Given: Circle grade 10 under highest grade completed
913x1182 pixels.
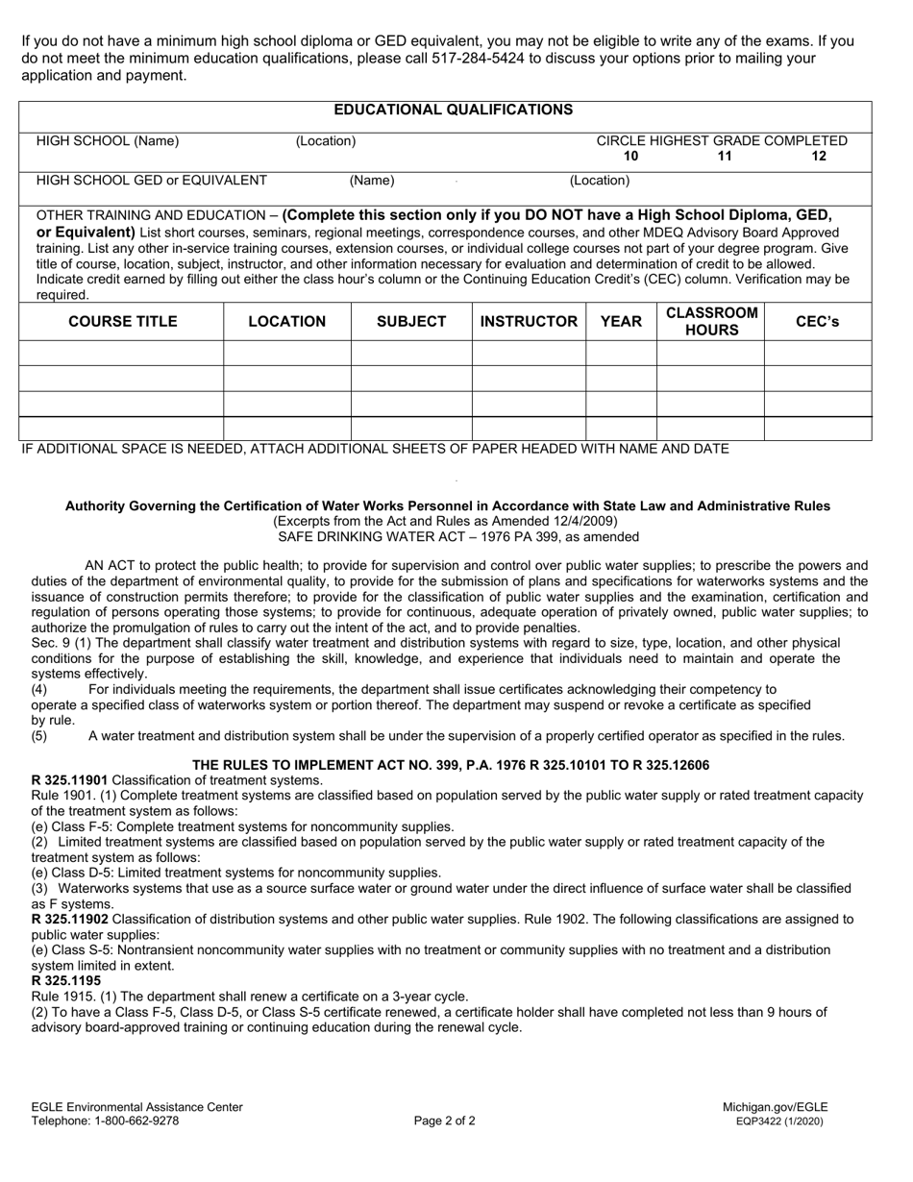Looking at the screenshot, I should click(x=630, y=157).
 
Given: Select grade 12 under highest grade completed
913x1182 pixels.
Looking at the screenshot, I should click(x=819, y=157).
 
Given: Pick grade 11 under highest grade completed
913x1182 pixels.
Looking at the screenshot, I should click(x=725, y=157).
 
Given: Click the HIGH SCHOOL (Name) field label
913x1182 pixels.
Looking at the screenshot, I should click(x=108, y=141).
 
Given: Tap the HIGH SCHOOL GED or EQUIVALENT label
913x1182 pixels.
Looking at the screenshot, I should click(x=152, y=180).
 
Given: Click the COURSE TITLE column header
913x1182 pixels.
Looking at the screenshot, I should click(x=122, y=322).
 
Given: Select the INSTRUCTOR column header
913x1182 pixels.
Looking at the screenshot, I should click(x=529, y=322).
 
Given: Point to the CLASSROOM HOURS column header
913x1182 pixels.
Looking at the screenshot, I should click(x=711, y=322).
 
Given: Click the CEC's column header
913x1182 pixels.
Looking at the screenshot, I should click(x=818, y=322).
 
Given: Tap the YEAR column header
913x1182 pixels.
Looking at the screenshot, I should click(x=621, y=322).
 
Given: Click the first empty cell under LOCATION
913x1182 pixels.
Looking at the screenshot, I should click(x=286, y=354).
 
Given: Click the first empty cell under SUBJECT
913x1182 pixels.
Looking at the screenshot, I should click(x=410, y=354).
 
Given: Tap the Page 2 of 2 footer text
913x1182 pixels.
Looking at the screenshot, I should click(x=445, y=1120).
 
